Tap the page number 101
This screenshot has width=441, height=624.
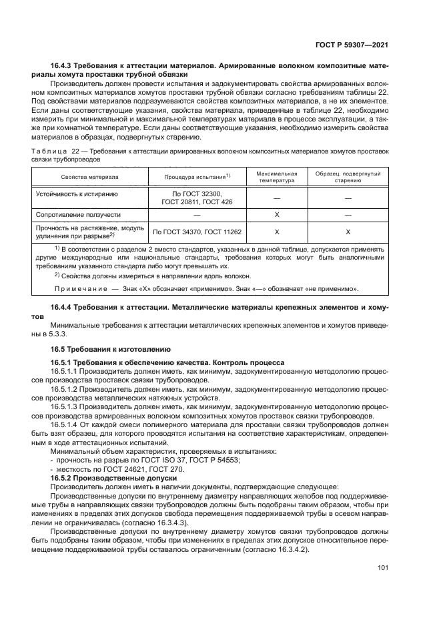click(383, 569)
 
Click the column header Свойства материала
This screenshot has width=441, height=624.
click(90, 177)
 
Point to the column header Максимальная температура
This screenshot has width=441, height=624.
click(276, 177)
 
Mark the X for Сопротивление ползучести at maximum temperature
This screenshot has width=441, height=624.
click(276, 215)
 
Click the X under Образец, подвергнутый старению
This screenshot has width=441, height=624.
click(348, 232)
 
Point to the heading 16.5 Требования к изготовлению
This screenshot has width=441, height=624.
click(111, 349)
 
